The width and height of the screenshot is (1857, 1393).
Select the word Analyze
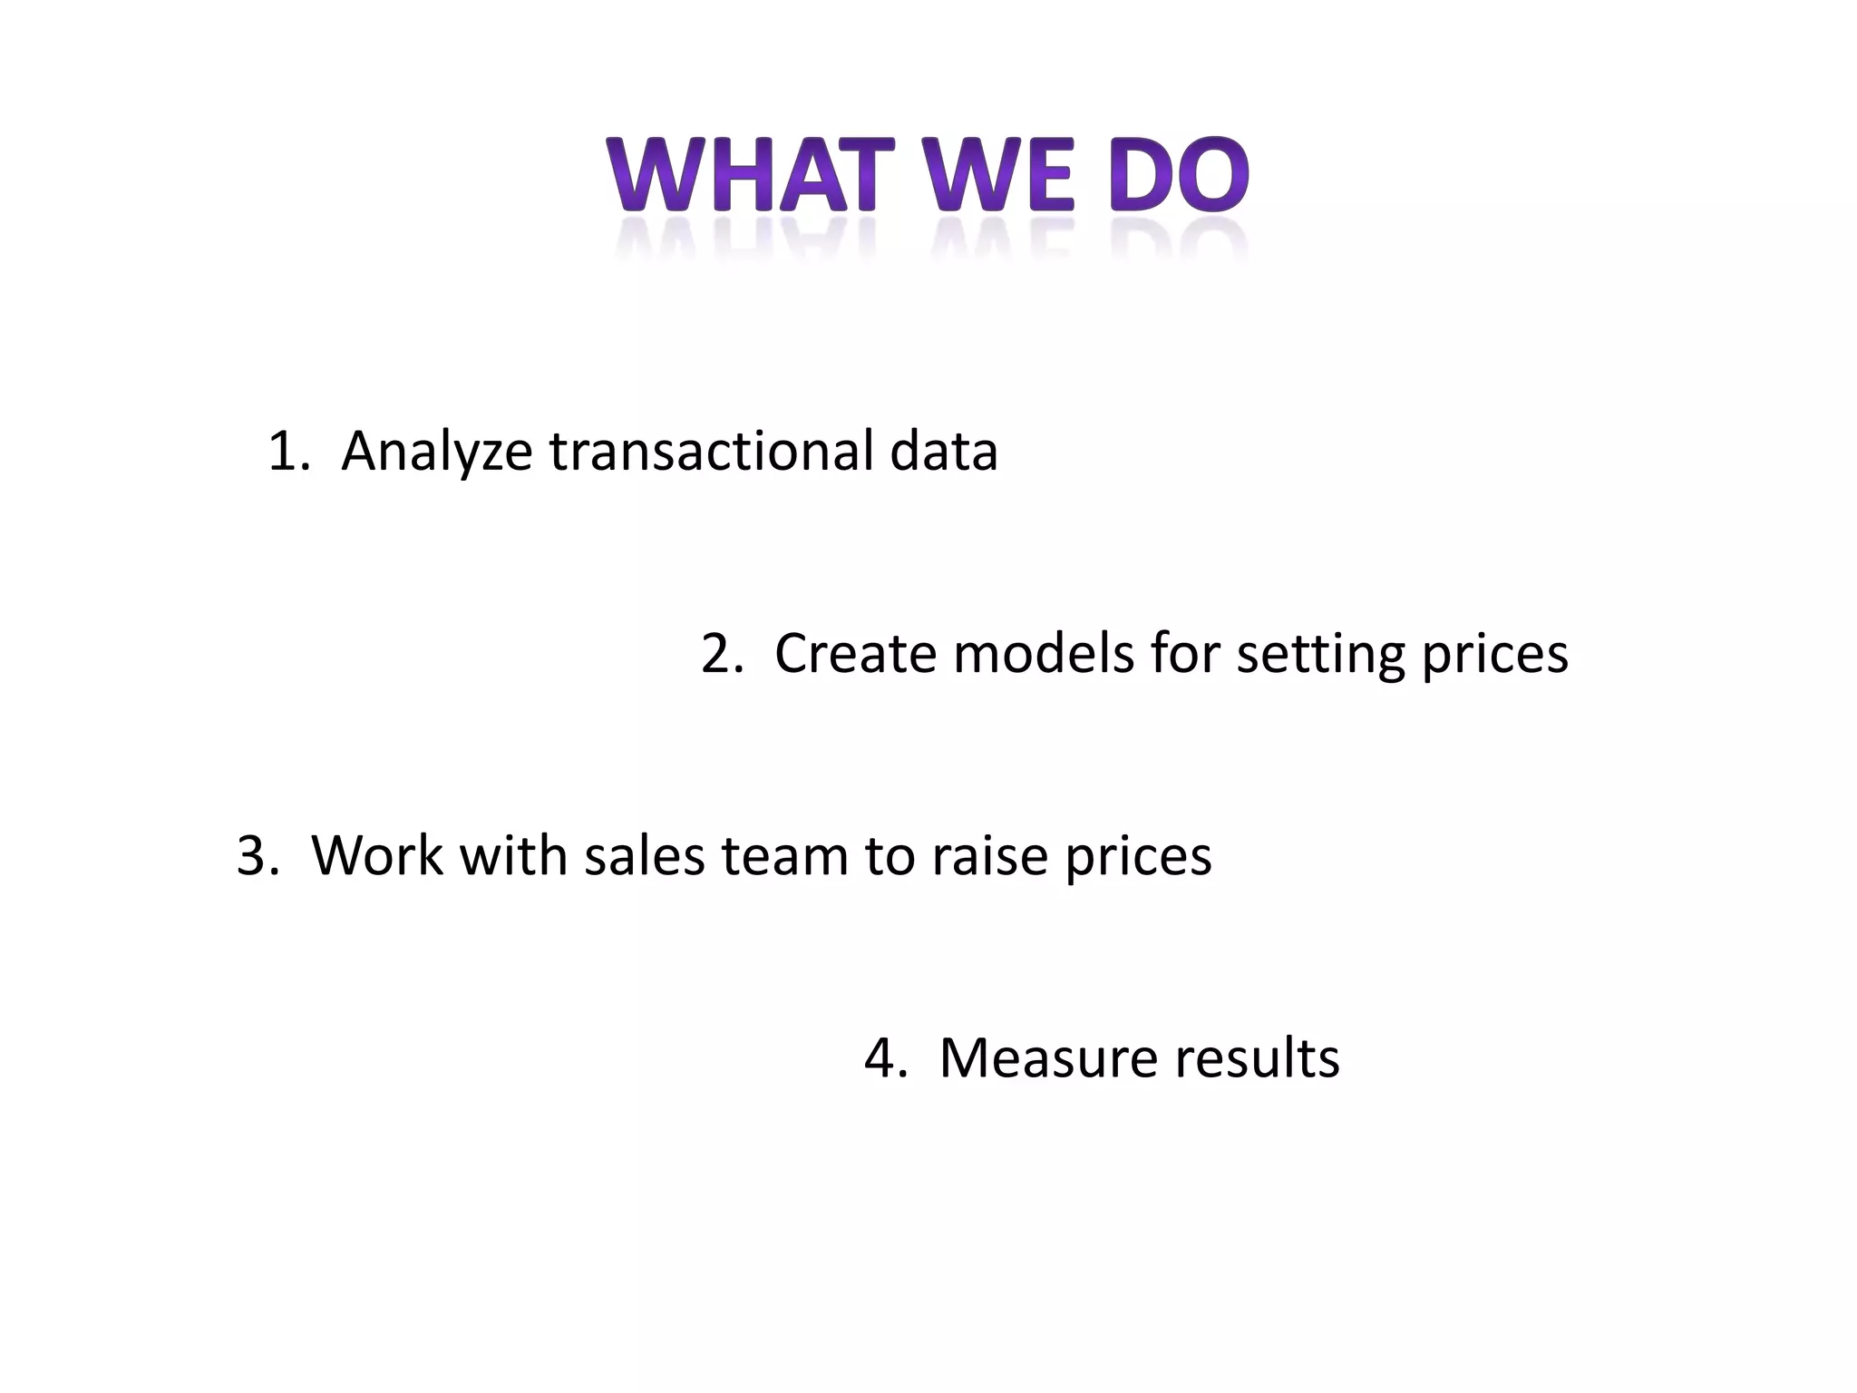point(436,453)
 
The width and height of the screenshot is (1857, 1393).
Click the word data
point(943,451)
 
